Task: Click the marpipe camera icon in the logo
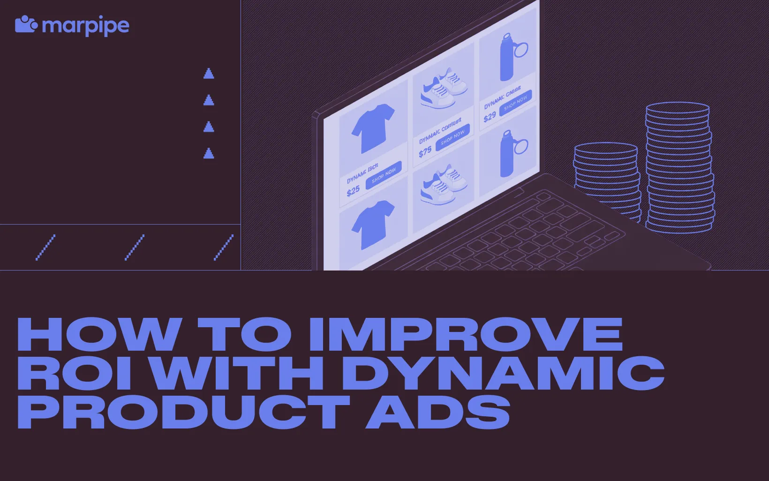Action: click(x=26, y=24)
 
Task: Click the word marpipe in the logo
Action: click(x=85, y=26)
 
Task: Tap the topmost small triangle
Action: click(x=209, y=74)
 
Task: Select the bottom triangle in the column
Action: click(x=209, y=153)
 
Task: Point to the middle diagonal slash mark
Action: click(x=135, y=247)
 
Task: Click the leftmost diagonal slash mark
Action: click(x=45, y=247)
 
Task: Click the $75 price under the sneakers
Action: click(x=425, y=152)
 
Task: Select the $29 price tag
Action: click(x=490, y=117)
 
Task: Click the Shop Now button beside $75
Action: click(x=452, y=137)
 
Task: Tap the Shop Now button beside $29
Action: click(x=515, y=103)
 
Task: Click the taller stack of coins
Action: click(x=679, y=169)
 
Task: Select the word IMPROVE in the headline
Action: click(x=466, y=334)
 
